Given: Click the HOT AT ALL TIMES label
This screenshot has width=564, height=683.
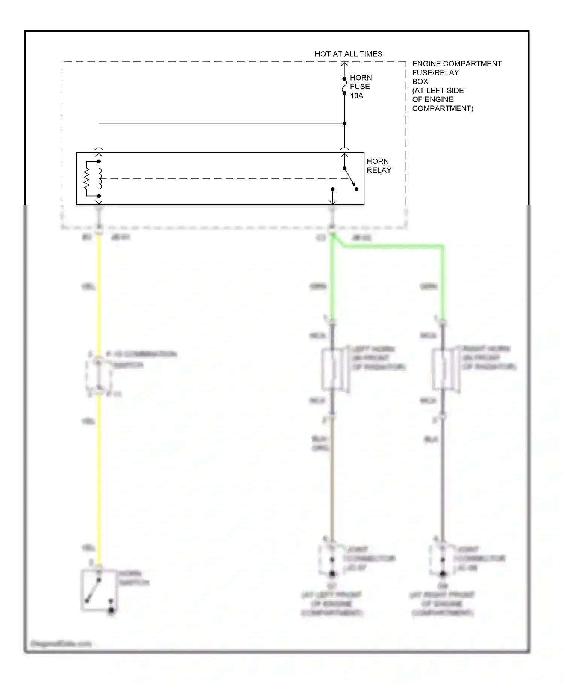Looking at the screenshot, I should [348, 54].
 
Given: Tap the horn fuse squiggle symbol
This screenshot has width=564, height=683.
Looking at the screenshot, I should [344, 86].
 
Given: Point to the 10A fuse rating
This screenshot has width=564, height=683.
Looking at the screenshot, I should [356, 96].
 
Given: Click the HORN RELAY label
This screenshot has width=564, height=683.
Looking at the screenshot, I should [378, 166].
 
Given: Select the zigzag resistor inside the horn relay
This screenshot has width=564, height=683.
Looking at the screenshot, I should [87, 178].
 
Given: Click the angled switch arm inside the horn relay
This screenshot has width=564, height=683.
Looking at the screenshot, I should [350, 178].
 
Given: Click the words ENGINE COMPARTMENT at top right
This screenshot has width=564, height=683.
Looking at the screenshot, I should [456, 64].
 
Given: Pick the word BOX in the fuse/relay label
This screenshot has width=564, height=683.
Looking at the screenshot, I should [420, 81].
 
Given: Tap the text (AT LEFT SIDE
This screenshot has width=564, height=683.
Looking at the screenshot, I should [438, 90].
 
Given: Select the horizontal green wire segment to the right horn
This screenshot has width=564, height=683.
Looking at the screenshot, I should [393, 247].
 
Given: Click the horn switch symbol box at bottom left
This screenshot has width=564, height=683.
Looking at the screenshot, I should [99, 590].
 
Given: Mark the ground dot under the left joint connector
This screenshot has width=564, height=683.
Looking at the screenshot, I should [332, 574].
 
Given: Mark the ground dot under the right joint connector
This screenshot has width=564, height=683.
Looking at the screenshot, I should [443, 574].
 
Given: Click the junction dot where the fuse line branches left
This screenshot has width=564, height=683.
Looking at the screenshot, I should [344, 123].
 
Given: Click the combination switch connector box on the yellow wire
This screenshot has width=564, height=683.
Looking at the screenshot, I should [99, 375].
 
